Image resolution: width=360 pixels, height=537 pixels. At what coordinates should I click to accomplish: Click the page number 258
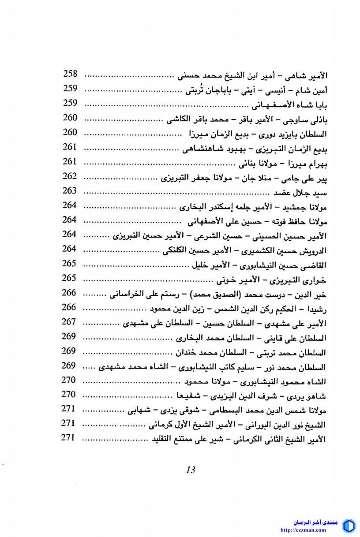(70, 74)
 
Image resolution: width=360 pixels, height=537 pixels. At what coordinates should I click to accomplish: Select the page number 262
(70, 176)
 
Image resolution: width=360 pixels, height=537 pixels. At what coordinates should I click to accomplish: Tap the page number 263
(70, 190)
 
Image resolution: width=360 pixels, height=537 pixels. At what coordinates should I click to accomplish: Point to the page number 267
(69, 321)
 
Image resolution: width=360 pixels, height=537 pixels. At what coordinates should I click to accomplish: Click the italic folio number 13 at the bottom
(191, 470)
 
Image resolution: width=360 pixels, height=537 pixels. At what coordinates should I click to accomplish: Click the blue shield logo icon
(349, 526)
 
